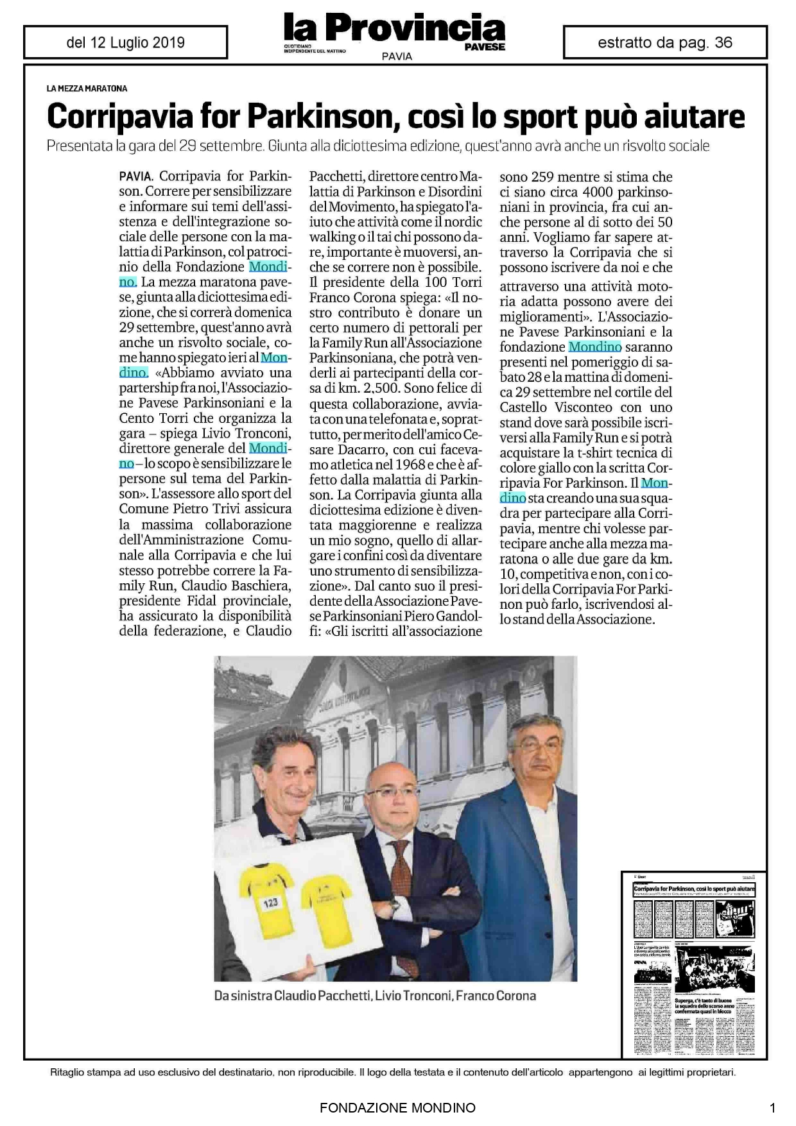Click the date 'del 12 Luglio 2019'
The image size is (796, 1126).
tap(125, 43)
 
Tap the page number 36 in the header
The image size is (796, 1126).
tap(723, 43)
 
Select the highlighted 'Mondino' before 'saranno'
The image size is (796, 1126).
tap(595, 347)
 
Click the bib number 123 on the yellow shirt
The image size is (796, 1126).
tap(270, 901)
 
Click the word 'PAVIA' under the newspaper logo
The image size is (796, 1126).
tap(397, 56)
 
